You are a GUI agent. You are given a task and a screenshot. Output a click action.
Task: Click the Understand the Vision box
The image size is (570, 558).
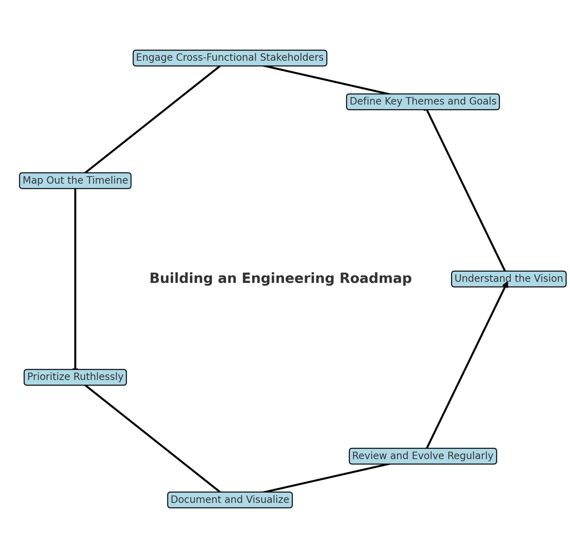(509, 279)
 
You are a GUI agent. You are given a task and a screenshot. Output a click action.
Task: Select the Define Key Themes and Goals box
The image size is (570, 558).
(423, 102)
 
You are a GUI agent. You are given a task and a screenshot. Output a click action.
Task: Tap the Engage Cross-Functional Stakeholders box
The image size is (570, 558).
(230, 58)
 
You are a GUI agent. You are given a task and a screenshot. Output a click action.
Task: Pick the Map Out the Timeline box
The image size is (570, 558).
(75, 180)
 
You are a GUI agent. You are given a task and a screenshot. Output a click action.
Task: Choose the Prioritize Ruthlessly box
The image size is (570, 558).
(75, 377)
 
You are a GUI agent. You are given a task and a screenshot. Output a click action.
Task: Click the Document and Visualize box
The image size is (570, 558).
(230, 500)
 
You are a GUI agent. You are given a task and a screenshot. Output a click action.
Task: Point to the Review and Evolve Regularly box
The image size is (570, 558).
(423, 456)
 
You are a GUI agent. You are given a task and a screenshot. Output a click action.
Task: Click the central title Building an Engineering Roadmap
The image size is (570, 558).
(280, 278)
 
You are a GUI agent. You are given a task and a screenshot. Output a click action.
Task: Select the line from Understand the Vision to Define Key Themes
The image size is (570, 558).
(465, 190)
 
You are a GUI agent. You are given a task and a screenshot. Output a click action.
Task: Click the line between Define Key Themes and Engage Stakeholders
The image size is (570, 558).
(326, 80)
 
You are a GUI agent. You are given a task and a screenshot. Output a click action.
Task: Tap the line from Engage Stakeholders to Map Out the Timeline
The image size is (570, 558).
(153, 119)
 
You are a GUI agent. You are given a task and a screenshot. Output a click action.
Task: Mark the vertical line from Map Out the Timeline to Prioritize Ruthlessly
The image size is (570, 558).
(75, 279)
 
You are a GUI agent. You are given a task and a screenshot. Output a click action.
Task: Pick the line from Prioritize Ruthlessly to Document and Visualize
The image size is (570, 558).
(153, 438)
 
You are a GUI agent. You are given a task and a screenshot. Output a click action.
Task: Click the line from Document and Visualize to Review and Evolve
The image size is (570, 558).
(326, 478)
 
